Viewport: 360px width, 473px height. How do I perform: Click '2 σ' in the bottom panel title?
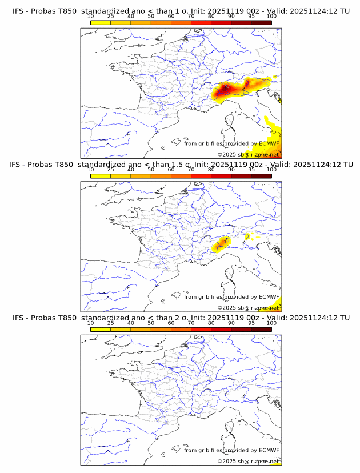coord(186,318)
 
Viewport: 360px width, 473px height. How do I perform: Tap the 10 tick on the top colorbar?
coord(91,17)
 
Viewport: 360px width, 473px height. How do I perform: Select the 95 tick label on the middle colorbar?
coord(251,170)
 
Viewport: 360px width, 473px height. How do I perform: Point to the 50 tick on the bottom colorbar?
coord(151,323)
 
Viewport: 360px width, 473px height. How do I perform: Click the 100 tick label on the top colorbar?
coord(271,17)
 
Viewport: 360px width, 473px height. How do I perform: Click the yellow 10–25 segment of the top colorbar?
coord(101,22)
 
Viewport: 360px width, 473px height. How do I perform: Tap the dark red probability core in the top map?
coord(225,89)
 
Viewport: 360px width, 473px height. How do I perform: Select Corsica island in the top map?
coord(230,121)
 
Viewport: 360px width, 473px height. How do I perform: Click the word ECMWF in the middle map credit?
coord(269,297)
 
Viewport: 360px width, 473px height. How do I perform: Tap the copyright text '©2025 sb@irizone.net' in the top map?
coord(248,155)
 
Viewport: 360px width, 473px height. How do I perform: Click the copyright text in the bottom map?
coord(248,461)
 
